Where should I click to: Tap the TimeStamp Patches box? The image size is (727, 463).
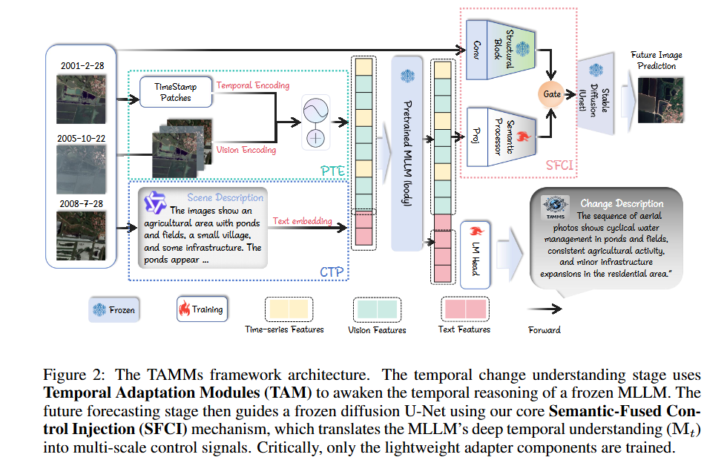[x=175, y=92]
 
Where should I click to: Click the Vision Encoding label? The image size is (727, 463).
[x=246, y=150]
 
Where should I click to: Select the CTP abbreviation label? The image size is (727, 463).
[x=332, y=272]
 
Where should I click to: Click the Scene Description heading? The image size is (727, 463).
[x=225, y=197]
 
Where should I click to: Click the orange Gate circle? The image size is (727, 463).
[x=551, y=94]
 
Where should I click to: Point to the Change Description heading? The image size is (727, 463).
[x=622, y=203]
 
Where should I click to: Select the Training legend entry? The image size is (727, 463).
[x=200, y=309]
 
